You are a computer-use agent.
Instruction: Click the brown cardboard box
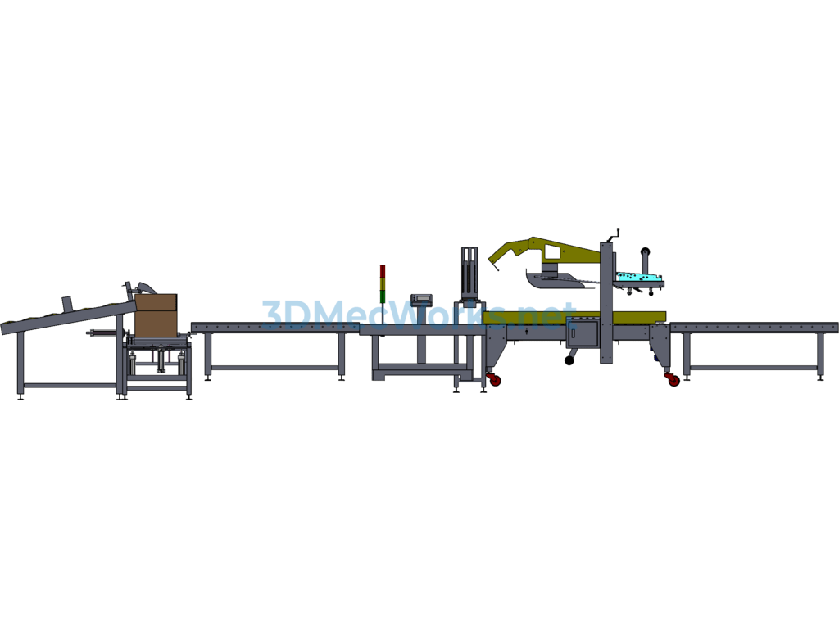click(x=156, y=315)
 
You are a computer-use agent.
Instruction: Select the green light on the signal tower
click(x=383, y=296)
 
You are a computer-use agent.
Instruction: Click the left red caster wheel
click(x=495, y=380)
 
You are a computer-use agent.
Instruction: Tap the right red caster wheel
click(x=673, y=380)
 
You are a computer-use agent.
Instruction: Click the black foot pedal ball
click(x=569, y=361)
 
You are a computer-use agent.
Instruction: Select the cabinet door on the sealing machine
click(x=583, y=333)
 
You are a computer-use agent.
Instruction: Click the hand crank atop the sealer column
click(x=613, y=235)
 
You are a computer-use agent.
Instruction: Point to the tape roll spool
click(x=646, y=251)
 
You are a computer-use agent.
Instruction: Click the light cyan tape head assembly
click(x=639, y=277)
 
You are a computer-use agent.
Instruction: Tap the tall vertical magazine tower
click(x=469, y=273)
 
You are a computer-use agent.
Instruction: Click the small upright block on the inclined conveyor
click(x=67, y=302)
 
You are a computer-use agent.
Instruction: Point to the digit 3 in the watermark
click(x=271, y=314)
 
